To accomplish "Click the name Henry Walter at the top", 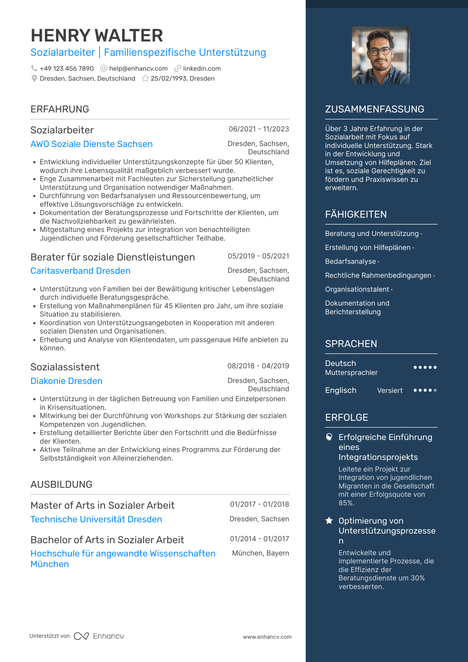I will pyautogui.click(x=97, y=36).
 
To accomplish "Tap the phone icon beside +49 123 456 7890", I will pyautogui.click(x=34, y=68).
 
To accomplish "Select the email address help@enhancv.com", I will pyautogui.click(x=138, y=69).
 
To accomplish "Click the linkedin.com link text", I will pyautogui.click(x=202, y=69).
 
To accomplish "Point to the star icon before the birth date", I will pyautogui.click(x=145, y=79).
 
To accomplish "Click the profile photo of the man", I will pyautogui.click(x=381, y=55).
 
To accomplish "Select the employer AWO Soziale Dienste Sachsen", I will pyautogui.click(x=92, y=144).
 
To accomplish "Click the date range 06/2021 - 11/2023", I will pyautogui.click(x=259, y=129).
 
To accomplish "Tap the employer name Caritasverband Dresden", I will pyautogui.click(x=80, y=271).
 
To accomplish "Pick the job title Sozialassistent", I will pyautogui.click(x=65, y=367).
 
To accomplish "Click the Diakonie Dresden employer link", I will pyautogui.click(x=66, y=381).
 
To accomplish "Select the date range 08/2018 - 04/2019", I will pyautogui.click(x=258, y=366).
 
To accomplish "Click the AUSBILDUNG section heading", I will pyautogui.click(x=61, y=484).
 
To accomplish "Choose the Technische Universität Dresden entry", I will pyautogui.click(x=96, y=519).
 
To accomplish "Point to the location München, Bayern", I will pyautogui.click(x=261, y=553).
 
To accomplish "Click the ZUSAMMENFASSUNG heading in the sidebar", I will pyautogui.click(x=374, y=109).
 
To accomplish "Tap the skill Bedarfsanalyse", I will pyautogui.click(x=351, y=261).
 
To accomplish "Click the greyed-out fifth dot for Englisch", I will pyautogui.click(x=435, y=390).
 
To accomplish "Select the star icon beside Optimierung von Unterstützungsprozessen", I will pyautogui.click(x=329, y=521).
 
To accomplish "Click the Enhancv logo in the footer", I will pyautogui.click(x=99, y=636).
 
